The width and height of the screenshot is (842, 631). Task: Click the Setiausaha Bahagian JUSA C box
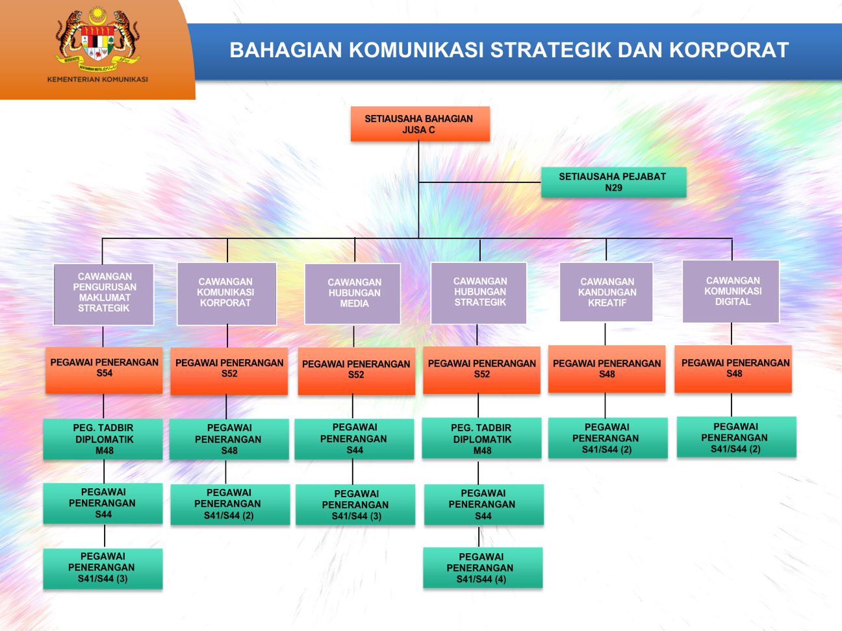click(420, 124)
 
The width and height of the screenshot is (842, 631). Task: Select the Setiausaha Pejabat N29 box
click(613, 182)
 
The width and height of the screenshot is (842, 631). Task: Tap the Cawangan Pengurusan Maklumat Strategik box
click(104, 293)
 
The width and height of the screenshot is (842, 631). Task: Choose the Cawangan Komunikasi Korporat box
click(227, 293)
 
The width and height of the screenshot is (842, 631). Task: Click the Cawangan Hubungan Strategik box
click(479, 293)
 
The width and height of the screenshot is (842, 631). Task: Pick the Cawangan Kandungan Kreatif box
click(606, 292)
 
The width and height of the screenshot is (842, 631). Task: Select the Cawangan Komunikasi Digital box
click(731, 291)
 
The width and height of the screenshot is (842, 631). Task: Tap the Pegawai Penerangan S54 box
click(104, 369)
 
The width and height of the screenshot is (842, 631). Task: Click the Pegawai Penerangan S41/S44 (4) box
click(482, 568)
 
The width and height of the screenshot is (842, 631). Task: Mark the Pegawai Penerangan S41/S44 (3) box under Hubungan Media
click(355, 505)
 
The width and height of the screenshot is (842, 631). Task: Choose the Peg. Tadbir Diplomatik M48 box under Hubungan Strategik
click(481, 439)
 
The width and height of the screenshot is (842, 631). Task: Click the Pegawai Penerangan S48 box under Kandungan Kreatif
click(607, 369)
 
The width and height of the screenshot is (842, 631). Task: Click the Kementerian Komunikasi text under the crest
click(97, 80)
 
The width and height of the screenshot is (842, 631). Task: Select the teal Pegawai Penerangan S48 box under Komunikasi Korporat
click(229, 439)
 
